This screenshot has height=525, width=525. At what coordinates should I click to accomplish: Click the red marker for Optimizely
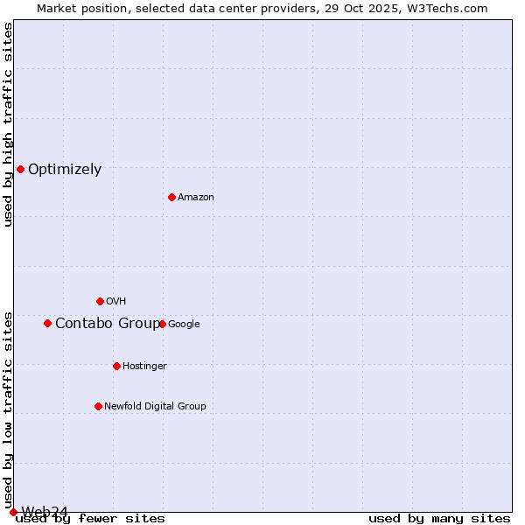click(20, 169)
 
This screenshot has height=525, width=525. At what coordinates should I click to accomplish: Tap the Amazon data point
click(171, 197)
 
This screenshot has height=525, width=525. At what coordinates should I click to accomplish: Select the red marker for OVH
click(100, 301)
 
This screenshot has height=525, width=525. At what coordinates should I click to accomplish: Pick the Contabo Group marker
click(47, 323)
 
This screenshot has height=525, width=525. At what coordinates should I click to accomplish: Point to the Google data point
click(162, 324)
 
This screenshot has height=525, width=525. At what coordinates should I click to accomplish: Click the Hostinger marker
click(116, 366)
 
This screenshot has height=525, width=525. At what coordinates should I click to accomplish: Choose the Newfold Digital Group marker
click(98, 406)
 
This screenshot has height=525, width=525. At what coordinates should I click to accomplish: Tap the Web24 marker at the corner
click(13, 512)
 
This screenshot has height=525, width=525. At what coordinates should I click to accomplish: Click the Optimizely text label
click(65, 170)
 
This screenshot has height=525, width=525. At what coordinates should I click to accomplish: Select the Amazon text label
click(196, 198)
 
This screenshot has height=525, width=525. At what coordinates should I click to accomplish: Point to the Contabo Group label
click(108, 324)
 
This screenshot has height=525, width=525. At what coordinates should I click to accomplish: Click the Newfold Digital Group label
click(155, 406)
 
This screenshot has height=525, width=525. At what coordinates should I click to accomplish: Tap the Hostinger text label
click(144, 366)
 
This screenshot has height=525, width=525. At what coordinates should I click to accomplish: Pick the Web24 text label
click(45, 512)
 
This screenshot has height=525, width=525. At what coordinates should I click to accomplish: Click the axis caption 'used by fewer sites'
click(90, 519)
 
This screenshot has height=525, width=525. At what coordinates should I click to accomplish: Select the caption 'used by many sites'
click(439, 519)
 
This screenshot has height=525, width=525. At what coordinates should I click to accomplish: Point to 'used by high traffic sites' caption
click(8, 124)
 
